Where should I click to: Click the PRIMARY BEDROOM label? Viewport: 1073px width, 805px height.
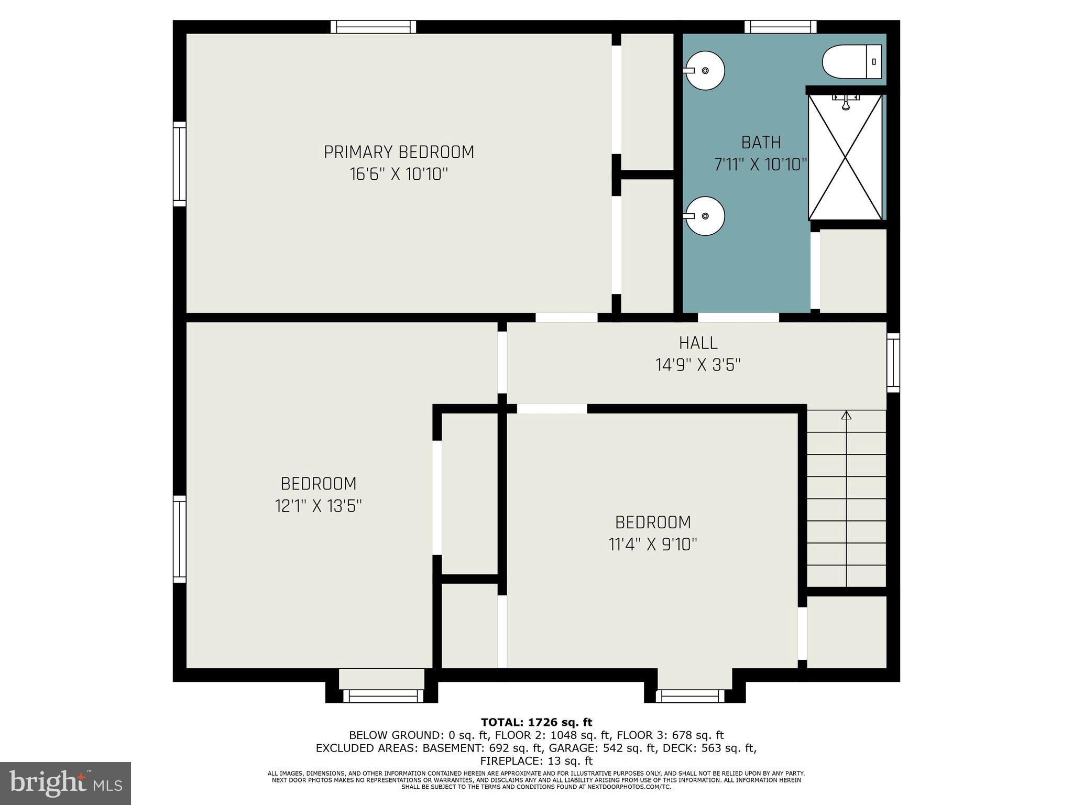[x=399, y=152]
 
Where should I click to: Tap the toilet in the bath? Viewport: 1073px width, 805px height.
[x=851, y=62]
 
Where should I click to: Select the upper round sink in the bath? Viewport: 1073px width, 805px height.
[x=705, y=70]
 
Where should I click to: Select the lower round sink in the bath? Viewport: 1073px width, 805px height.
[x=705, y=216]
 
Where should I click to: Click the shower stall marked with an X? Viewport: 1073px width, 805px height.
[x=845, y=157]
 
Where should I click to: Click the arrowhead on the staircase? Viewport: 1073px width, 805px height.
[x=846, y=416]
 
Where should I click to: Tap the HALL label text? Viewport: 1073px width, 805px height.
[x=698, y=343]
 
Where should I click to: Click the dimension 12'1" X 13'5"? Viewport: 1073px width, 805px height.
[x=319, y=506]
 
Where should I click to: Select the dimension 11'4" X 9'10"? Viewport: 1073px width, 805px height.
[x=653, y=545]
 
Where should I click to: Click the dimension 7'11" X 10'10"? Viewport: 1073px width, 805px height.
[x=760, y=165]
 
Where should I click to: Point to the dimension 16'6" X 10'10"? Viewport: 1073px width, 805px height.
[x=399, y=174]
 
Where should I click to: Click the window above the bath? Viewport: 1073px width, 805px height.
[x=780, y=27]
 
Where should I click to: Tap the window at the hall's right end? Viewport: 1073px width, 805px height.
[x=893, y=363]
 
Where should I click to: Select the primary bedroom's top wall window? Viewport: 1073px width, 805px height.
[x=373, y=27]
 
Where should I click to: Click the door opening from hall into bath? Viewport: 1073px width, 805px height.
[x=738, y=318]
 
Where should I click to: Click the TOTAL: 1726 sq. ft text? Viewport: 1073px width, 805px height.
[x=536, y=722]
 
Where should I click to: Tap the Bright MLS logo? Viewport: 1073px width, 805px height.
[x=65, y=783]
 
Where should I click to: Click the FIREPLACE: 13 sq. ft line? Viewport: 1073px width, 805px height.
[x=536, y=760]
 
